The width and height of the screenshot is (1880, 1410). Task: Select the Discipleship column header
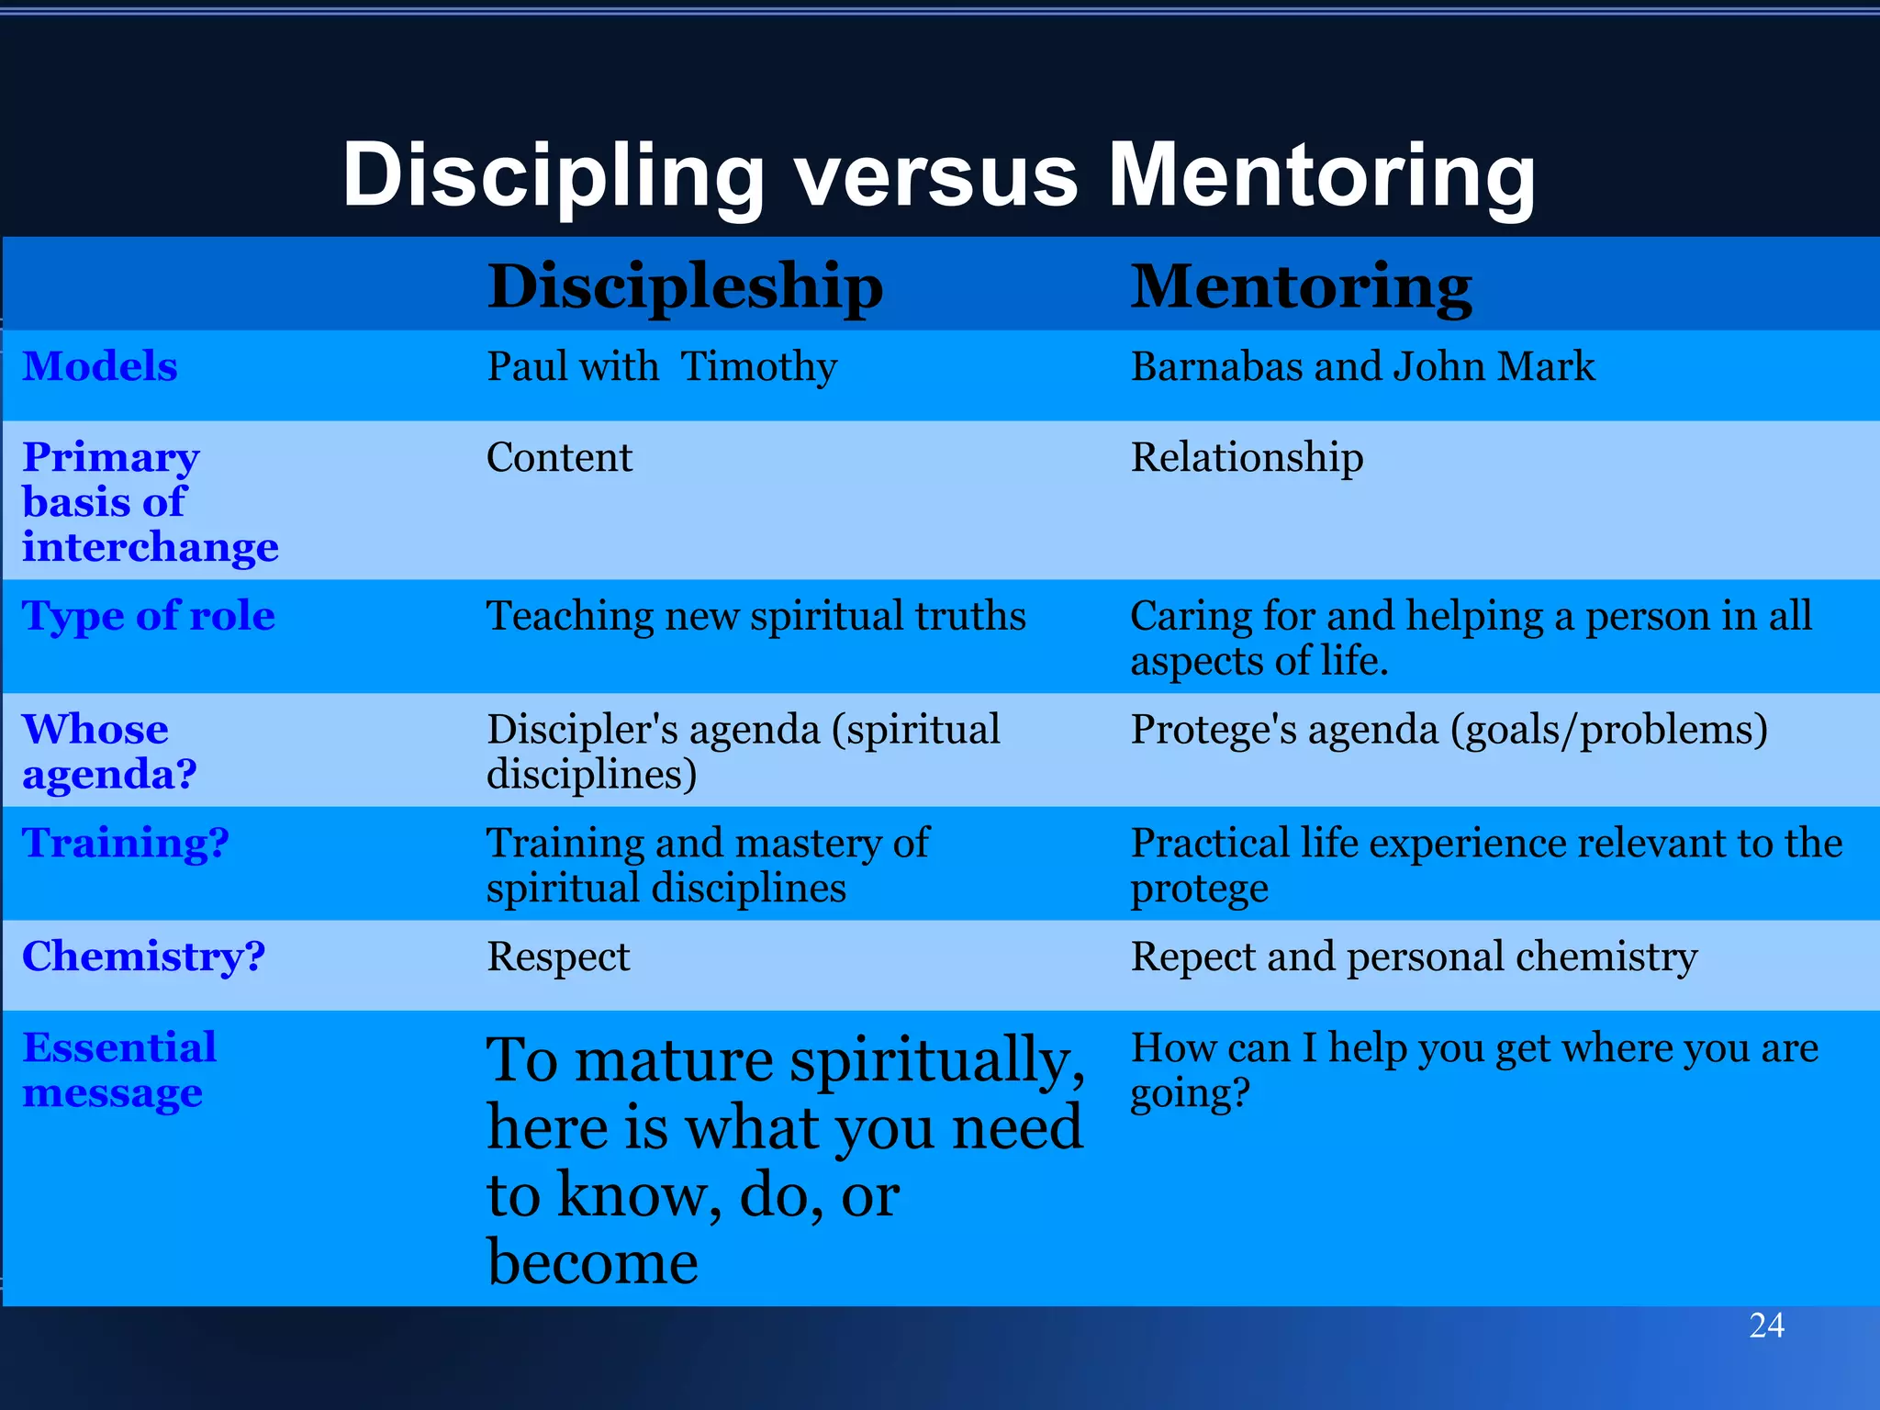click(685, 286)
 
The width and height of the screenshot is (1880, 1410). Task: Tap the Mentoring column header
click(1301, 286)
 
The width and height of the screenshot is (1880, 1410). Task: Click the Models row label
click(100, 366)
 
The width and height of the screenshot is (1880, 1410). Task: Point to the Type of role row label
click(149, 615)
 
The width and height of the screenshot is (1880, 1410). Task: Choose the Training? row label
click(126, 843)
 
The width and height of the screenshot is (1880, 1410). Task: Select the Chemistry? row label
click(144, 957)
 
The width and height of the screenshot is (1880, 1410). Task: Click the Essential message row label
click(119, 1069)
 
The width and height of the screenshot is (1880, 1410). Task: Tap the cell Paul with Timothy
click(662, 366)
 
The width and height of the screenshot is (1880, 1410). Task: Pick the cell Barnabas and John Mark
click(1362, 366)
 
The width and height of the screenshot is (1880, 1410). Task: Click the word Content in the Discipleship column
click(559, 457)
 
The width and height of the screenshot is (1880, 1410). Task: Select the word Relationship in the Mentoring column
click(1247, 457)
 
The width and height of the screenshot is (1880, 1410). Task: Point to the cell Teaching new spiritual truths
click(755, 615)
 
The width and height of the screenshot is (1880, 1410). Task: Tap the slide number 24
click(1766, 1326)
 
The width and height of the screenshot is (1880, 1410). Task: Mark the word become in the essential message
click(592, 1262)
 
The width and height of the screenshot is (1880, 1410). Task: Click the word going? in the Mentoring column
click(1190, 1093)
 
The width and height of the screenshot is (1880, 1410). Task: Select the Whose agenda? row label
click(109, 751)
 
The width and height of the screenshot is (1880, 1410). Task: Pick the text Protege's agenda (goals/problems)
click(1449, 730)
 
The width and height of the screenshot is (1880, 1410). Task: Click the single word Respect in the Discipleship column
click(558, 957)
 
